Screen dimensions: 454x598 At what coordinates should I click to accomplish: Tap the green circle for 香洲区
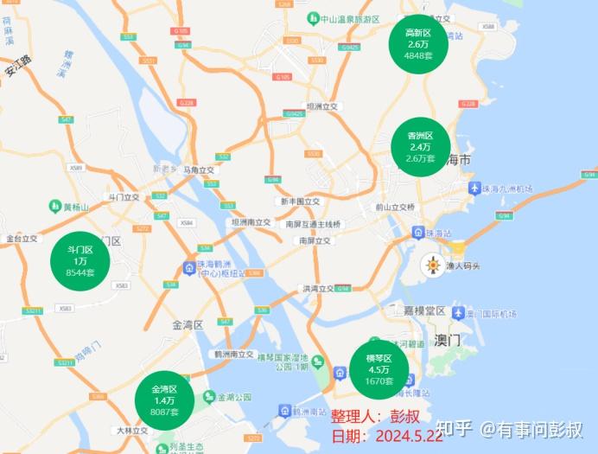[x=418, y=147]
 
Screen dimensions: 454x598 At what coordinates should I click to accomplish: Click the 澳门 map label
[x=448, y=341]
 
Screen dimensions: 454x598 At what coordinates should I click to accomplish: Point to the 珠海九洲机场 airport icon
[x=473, y=189]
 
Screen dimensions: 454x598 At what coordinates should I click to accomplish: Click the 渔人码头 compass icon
[x=432, y=265]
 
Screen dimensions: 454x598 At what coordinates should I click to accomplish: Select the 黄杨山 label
[x=73, y=207]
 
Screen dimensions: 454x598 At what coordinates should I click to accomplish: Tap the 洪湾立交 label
[x=318, y=287]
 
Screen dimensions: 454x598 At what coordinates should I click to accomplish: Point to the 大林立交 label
[x=132, y=430]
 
